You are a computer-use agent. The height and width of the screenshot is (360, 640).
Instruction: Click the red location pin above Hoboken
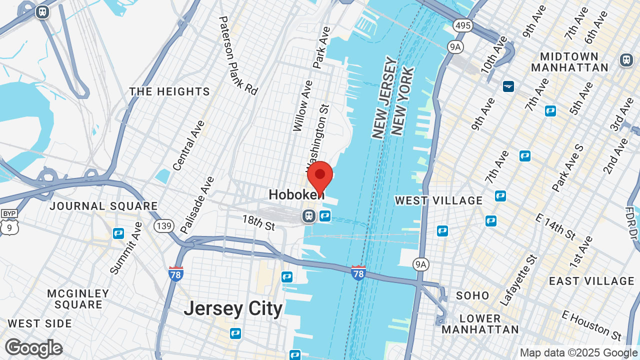[320, 176]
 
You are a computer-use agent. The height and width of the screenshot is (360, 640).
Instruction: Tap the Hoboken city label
[296, 194]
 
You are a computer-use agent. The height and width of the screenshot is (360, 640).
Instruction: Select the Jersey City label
[233, 308]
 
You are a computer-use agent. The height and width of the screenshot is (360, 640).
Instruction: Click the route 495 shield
[463, 25]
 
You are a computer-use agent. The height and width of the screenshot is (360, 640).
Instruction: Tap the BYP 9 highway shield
[8, 223]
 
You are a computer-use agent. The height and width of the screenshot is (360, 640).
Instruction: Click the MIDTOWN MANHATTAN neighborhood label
[569, 61]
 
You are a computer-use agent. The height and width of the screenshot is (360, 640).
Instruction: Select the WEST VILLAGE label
[438, 200]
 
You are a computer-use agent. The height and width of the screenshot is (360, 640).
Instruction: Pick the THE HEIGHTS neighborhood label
[169, 91]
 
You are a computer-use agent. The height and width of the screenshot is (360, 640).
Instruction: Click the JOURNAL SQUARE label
[103, 206]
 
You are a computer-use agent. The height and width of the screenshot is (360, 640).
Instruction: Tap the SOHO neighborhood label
[472, 295]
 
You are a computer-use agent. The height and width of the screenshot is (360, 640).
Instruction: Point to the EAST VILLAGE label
[591, 281]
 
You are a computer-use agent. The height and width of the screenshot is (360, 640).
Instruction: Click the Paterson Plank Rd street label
[237, 55]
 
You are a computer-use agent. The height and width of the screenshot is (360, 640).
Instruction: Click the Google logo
[33, 348]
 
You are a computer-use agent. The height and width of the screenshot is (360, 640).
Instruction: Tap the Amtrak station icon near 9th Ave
[508, 86]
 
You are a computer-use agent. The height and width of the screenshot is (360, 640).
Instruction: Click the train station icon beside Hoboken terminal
[308, 216]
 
